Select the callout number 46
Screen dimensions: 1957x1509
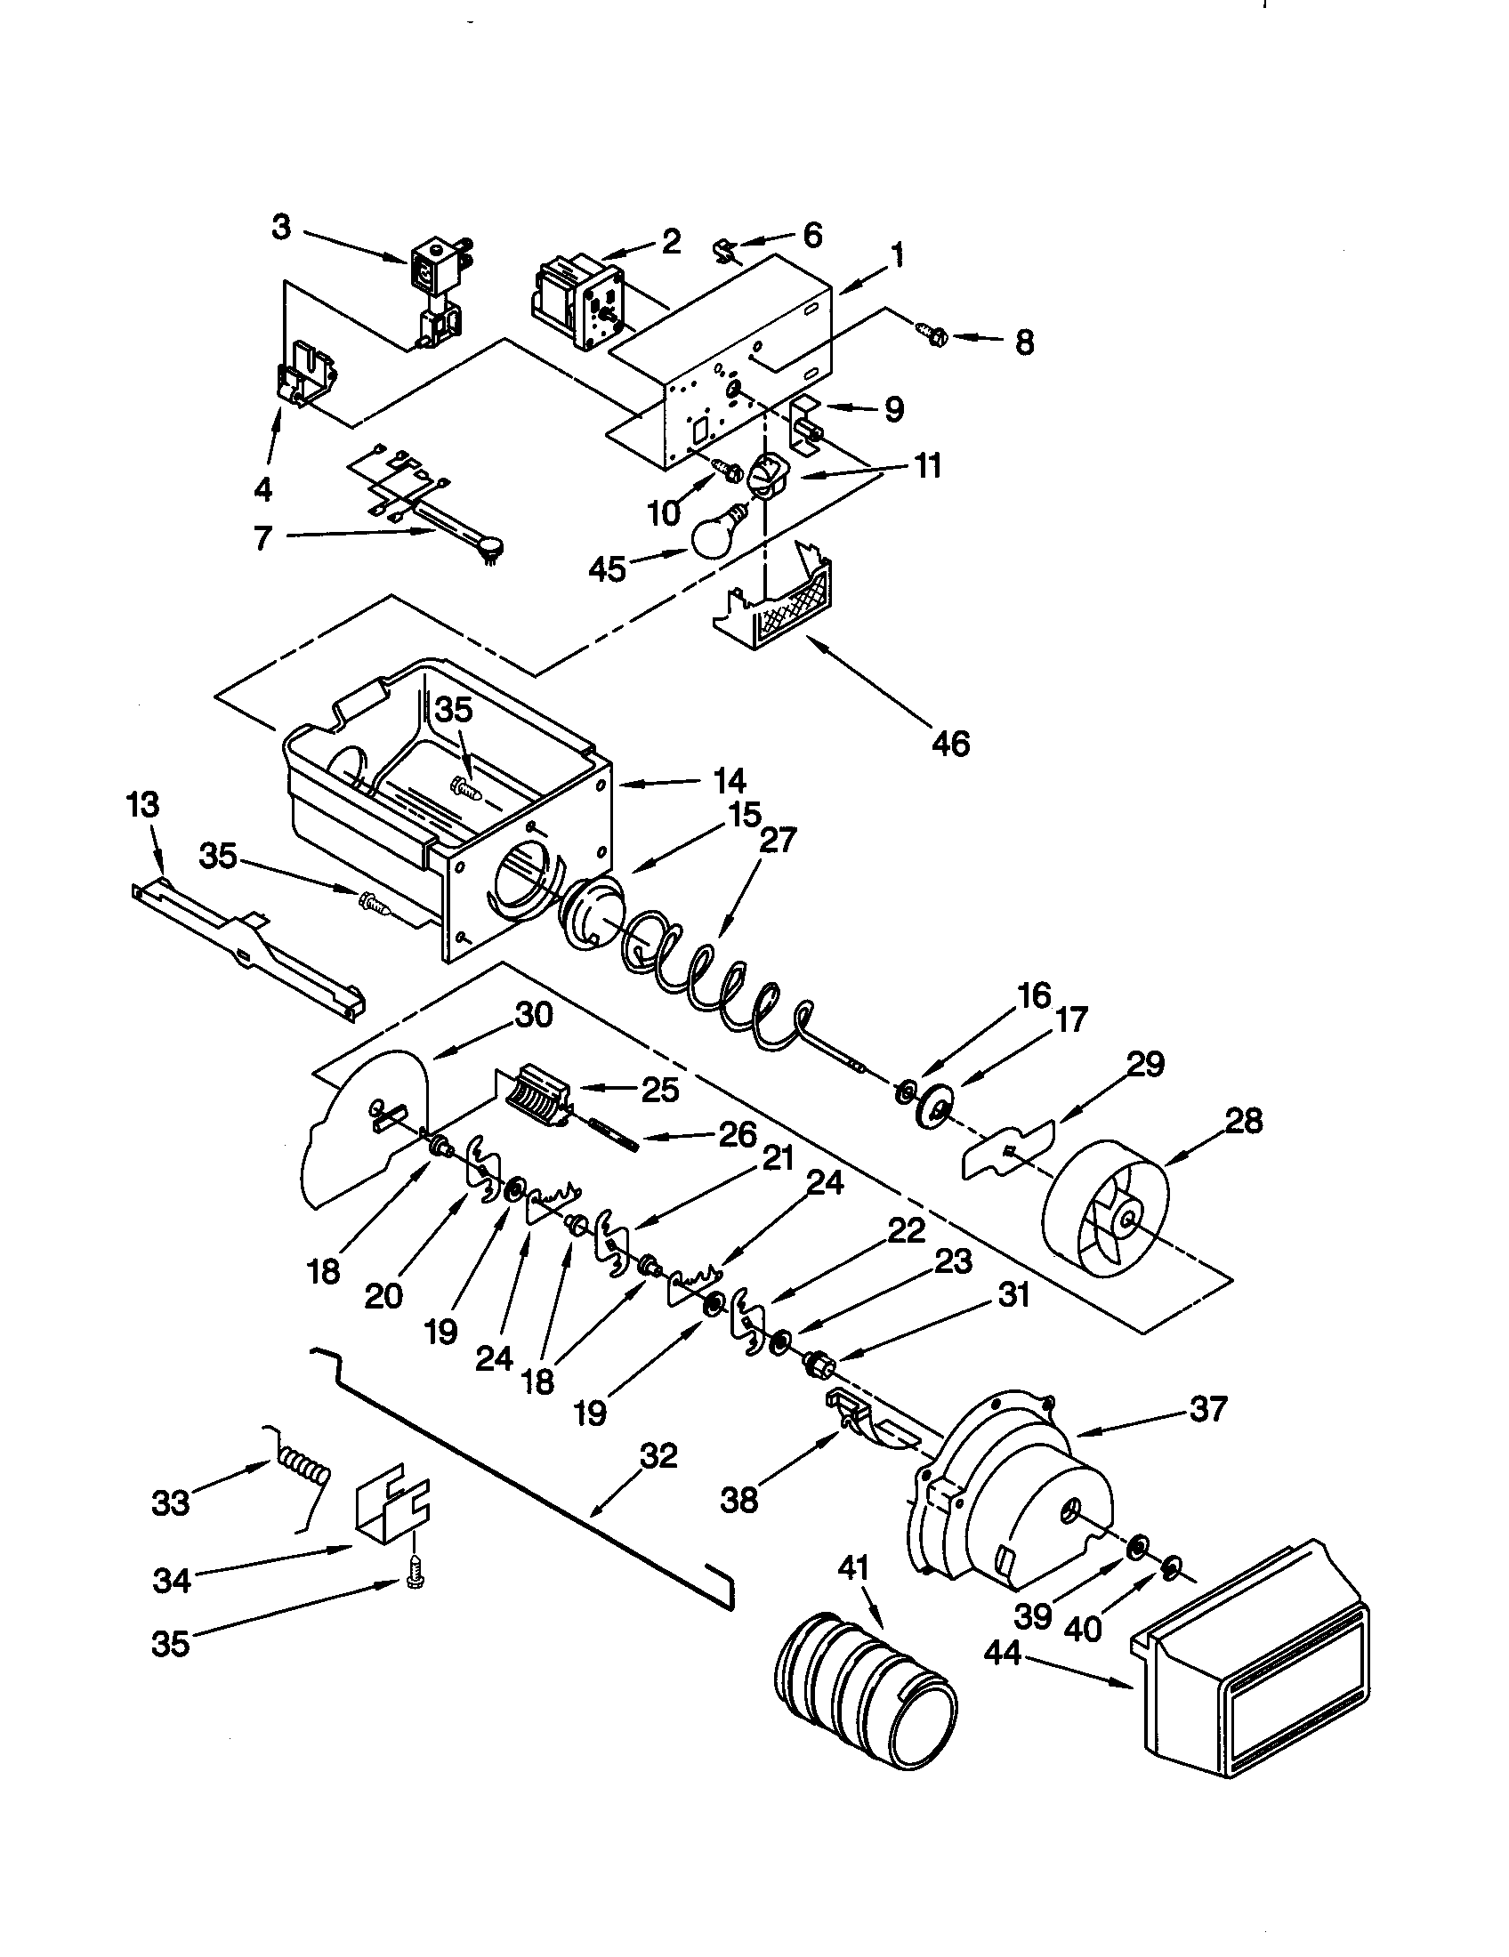click(x=950, y=743)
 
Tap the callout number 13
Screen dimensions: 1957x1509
click(x=142, y=805)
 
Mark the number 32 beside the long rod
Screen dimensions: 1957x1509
click(x=658, y=1456)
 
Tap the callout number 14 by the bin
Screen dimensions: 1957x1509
click(x=730, y=781)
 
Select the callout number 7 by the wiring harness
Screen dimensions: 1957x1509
click(x=262, y=538)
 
